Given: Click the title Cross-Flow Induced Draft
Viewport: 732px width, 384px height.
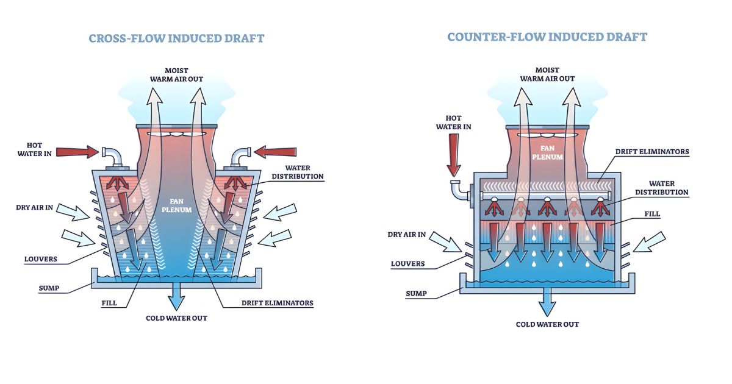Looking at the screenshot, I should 176,38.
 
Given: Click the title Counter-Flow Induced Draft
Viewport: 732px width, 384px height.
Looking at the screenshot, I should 547,37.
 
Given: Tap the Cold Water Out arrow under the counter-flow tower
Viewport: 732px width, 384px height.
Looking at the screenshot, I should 547,303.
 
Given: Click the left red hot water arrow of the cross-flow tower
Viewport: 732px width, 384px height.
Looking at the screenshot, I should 78,151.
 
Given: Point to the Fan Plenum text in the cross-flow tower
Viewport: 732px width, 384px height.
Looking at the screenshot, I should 176,205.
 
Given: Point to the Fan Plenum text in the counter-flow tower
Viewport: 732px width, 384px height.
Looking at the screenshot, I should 547,152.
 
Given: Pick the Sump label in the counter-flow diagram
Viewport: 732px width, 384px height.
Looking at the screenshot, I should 416,294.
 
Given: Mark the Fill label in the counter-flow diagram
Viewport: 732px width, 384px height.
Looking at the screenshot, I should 651,214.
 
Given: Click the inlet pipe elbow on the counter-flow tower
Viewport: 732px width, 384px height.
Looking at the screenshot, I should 456,191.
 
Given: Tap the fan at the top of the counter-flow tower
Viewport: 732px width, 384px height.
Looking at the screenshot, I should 547,134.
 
